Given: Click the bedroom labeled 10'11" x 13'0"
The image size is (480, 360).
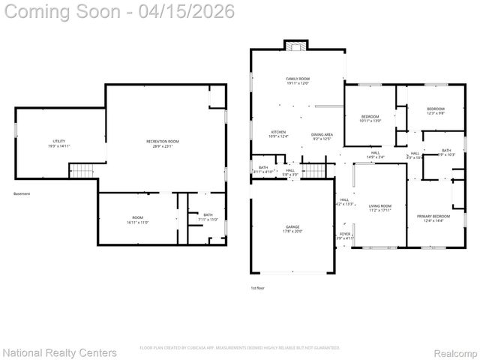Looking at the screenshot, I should (371, 118).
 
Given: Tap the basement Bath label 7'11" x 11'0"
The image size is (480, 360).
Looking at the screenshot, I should (208, 217).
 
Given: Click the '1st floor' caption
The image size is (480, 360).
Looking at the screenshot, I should (257, 287).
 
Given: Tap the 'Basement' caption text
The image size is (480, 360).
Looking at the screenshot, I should (22, 194).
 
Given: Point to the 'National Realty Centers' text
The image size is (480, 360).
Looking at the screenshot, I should (60, 352).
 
